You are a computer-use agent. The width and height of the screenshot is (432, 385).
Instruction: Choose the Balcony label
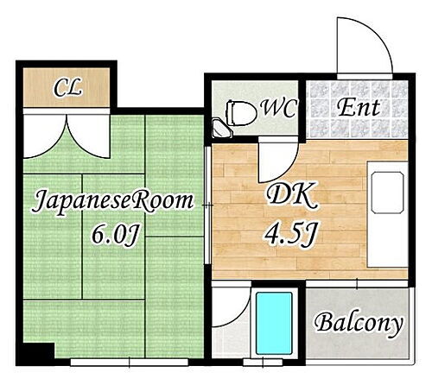pyautogui.click(x=358, y=325)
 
